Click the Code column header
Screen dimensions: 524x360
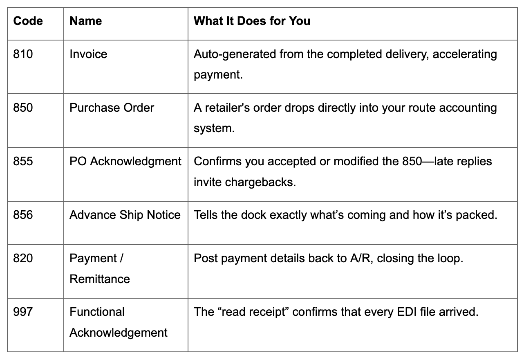point(28,21)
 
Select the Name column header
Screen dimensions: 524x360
point(86,21)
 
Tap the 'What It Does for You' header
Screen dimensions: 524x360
point(252,21)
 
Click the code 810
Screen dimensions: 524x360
point(23,54)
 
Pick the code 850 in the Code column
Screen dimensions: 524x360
point(23,108)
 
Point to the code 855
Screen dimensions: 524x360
point(23,161)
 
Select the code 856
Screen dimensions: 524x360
point(23,215)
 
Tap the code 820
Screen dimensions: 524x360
point(23,258)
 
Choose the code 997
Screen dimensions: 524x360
point(23,312)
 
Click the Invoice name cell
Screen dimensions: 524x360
point(88,54)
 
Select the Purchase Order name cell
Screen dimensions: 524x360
point(112,108)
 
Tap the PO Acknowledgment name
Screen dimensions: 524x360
point(125,161)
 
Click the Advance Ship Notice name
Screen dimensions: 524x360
point(125,215)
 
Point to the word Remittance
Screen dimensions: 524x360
point(100,279)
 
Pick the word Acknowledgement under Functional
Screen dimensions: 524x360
point(118,333)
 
